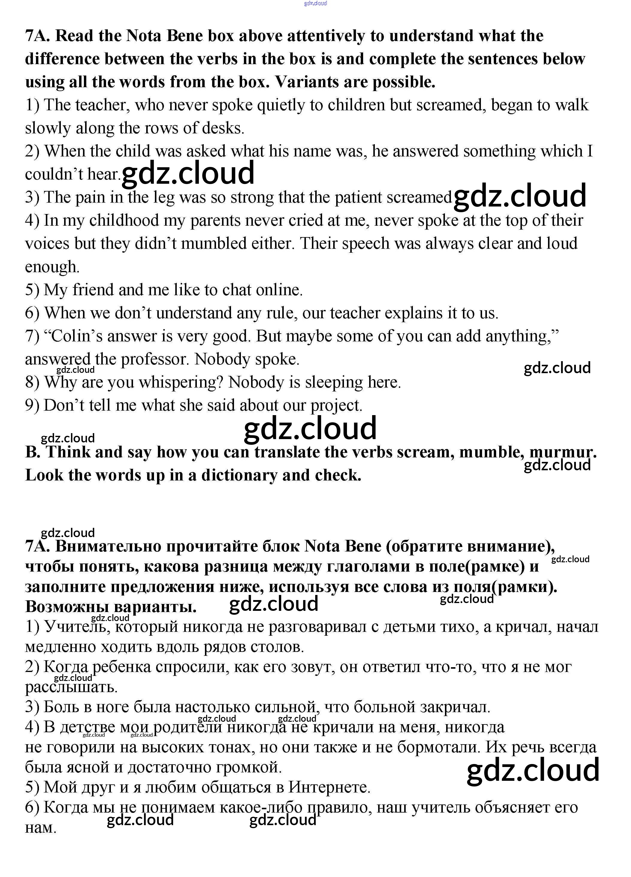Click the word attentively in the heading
[x=326, y=36]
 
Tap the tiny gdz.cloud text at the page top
[x=315, y=4]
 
